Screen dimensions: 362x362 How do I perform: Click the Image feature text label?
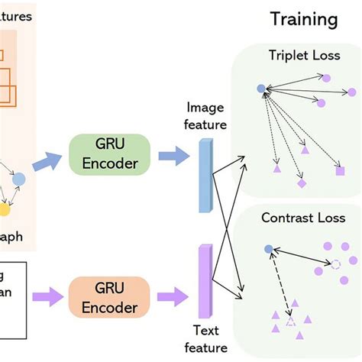click(206, 116)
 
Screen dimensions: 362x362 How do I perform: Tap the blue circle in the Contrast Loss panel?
click(267, 249)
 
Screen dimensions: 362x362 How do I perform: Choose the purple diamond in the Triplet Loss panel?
click(302, 184)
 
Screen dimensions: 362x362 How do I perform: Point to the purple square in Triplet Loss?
click(340, 170)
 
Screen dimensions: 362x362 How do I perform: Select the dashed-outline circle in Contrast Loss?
click(335, 264)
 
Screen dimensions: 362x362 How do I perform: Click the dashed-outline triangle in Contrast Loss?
click(290, 323)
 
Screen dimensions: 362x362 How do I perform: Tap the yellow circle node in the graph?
click(5, 208)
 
